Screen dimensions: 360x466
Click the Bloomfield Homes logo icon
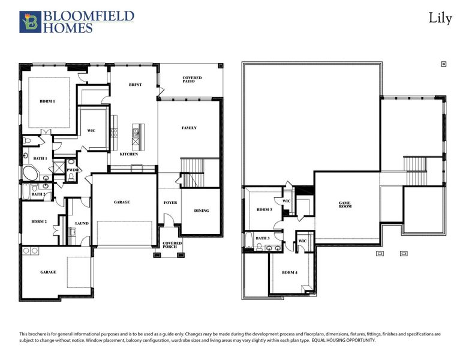[29, 22]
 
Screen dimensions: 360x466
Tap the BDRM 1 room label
[47, 101]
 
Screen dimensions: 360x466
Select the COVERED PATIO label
[192, 80]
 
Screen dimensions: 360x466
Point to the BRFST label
[135, 85]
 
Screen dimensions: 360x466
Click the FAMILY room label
[190, 128]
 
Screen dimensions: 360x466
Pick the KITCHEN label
[129, 154]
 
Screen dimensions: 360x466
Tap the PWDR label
[73, 170]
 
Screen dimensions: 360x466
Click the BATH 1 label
[40, 158]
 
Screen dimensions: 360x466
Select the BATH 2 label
[38, 194]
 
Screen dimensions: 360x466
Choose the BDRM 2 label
[39, 222]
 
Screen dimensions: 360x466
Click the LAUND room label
[82, 224]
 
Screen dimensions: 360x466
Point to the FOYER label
[170, 203]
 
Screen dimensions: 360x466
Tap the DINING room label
[202, 211]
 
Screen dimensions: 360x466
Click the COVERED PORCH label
[172, 245]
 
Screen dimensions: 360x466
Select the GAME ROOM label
[345, 205]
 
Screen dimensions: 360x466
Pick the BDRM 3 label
[264, 209]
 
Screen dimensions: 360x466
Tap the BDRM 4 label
[290, 273]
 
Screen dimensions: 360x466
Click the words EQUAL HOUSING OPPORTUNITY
[344, 340]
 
